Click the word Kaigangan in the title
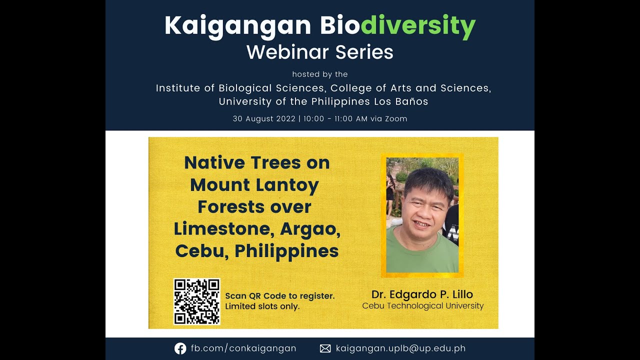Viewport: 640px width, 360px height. (238, 26)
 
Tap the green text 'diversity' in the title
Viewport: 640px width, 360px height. (418, 26)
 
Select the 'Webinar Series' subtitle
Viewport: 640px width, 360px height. (320, 52)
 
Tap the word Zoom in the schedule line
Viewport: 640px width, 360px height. (396, 119)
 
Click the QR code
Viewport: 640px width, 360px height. (196, 301)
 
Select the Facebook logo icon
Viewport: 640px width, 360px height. (180, 348)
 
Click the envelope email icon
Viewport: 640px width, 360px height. (325, 348)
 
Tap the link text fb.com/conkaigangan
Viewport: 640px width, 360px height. (243, 348)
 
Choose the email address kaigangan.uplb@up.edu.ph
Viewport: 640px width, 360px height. (400, 348)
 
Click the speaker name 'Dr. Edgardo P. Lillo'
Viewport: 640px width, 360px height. (422, 294)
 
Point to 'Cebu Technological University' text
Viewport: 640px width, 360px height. (423, 306)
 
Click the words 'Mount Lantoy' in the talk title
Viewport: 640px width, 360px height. (254, 185)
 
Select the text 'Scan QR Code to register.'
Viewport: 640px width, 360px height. (279, 296)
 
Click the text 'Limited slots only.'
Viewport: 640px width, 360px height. (262, 306)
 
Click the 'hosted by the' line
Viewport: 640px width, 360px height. (320, 74)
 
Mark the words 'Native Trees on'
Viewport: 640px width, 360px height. (257, 163)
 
